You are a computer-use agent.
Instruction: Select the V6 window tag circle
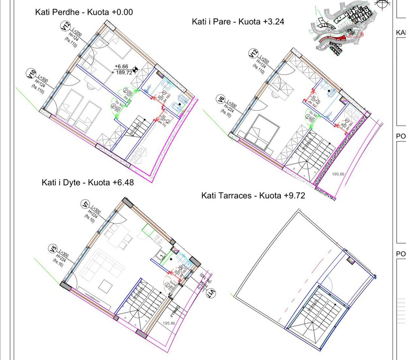(220, 99)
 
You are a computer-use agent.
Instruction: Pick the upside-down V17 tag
(212, 292)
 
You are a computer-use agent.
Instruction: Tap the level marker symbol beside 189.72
(135, 69)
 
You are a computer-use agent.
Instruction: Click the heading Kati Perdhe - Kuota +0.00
(84, 12)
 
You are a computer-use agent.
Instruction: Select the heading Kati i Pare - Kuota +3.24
(238, 22)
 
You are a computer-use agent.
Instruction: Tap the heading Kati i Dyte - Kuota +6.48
(87, 183)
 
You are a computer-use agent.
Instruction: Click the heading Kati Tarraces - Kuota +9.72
(253, 195)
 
